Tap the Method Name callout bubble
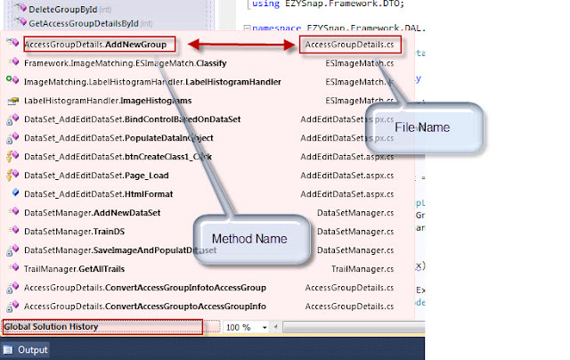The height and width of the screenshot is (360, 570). (249, 239)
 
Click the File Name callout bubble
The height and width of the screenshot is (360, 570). (423, 128)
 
